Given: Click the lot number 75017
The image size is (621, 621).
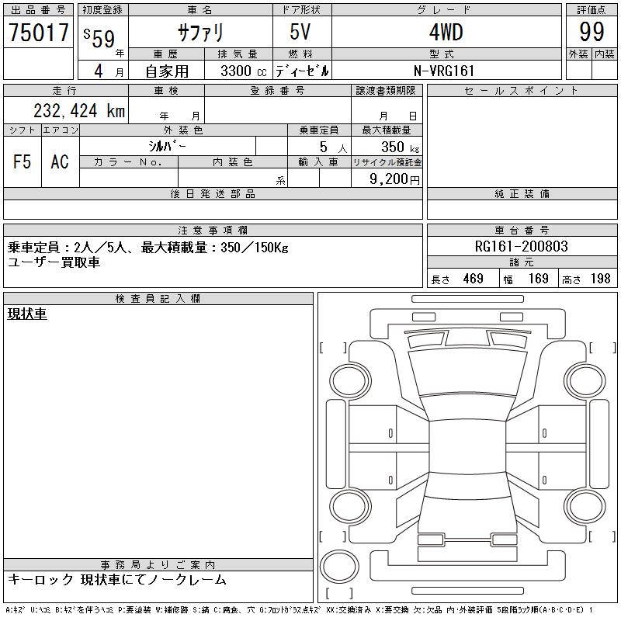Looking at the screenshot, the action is click(x=39, y=32).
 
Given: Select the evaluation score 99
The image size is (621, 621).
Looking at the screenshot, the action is click(x=592, y=32).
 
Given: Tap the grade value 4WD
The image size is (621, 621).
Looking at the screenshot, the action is click(x=446, y=32).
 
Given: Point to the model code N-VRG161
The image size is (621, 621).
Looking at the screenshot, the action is click(x=444, y=71).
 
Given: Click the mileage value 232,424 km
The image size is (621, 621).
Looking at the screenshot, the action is click(x=79, y=110).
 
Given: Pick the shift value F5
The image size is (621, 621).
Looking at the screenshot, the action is click(x=22, y=161).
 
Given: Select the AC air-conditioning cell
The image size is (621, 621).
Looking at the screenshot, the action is click(x=60, y=161).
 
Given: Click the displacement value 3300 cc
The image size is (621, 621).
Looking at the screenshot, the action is click(x=244, y=71).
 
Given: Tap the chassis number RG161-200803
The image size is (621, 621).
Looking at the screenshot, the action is click(x=521, y=246).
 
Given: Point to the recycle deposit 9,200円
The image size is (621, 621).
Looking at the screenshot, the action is click(x=394, y=179).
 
